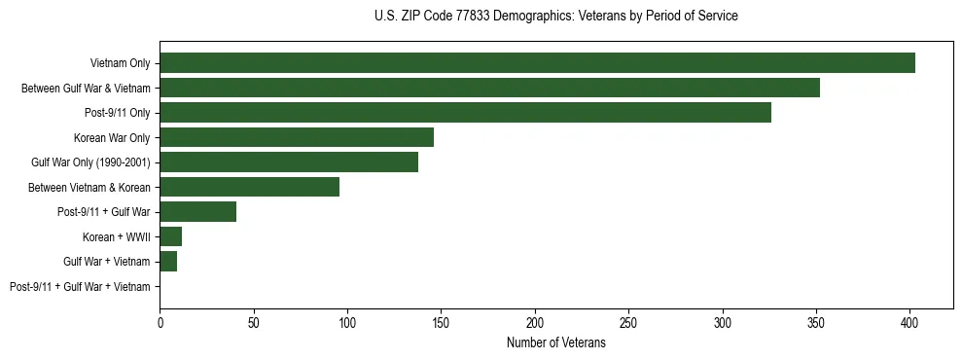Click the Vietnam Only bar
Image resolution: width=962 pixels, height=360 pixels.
click(537, 63)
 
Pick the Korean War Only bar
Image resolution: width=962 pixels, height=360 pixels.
click(297, 137)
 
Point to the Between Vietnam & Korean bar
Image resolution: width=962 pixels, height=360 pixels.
click(249, 187)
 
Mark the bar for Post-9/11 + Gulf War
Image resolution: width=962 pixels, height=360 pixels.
click(197, 211)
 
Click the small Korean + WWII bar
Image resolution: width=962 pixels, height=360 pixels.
click(170, 236)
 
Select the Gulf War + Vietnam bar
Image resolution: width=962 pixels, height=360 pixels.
click(168, 261)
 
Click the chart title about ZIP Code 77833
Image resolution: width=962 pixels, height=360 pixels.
click(555, 17)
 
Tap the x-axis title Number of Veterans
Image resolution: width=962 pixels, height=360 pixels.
click(555, 342)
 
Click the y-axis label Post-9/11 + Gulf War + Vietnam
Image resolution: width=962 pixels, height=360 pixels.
click(80, 286)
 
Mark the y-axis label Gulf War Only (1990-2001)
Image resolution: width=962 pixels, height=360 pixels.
click(90, 162)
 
